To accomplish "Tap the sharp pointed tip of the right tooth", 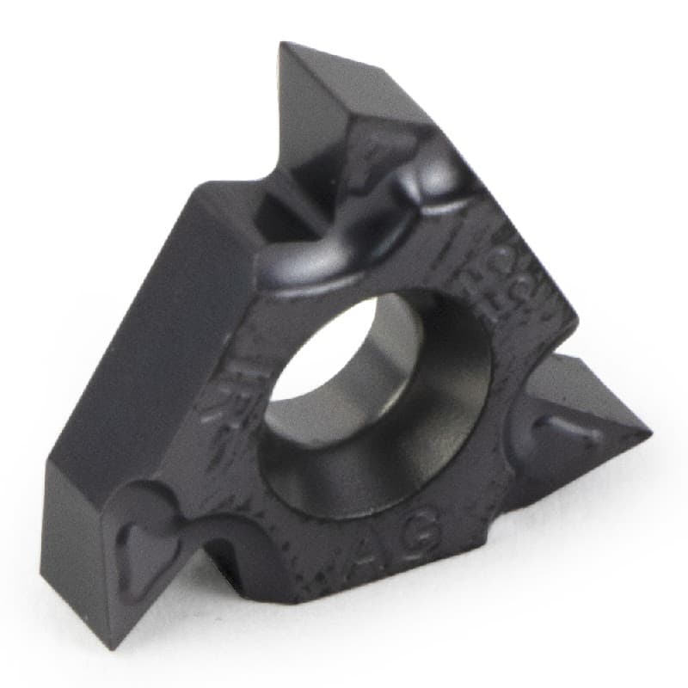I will [x=649, y=427].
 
